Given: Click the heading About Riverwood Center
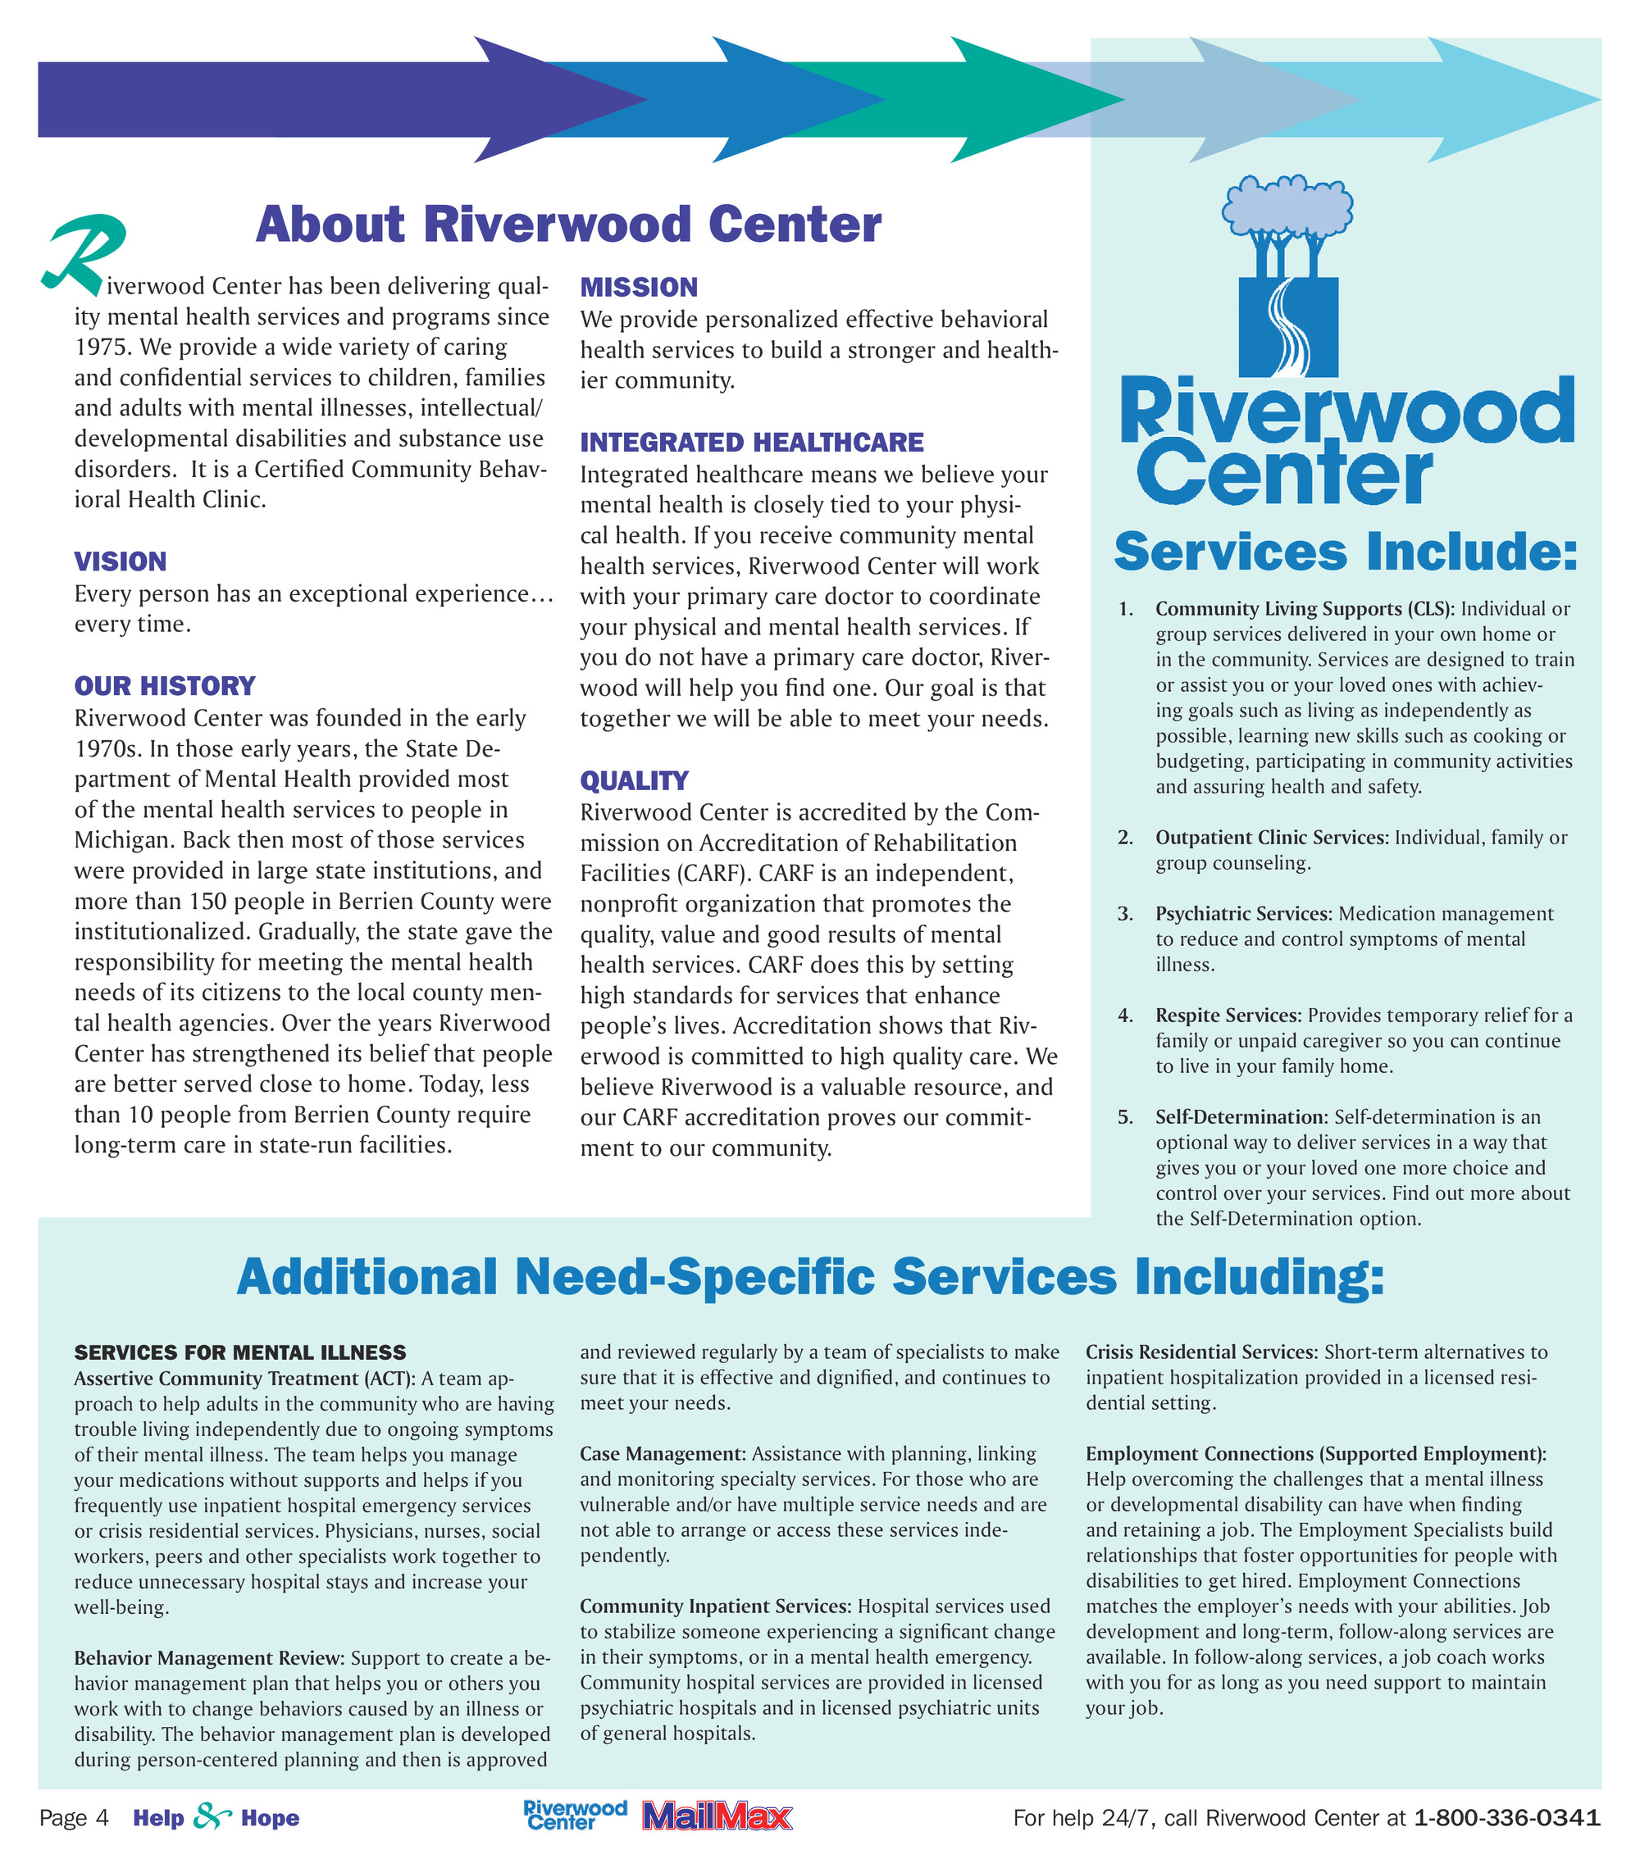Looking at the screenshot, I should (567, 225).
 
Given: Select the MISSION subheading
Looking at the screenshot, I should (638, 288).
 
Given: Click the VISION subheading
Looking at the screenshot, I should (120, 562).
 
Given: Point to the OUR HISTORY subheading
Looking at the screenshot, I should (165, 686).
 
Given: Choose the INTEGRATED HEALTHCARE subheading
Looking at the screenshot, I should (751, 443).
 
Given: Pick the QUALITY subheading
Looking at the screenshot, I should (634, 781).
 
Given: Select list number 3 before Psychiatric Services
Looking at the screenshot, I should (1124, 914).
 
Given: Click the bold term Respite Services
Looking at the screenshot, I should (1227, 1016).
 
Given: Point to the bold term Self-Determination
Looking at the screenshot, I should (1240, 1116).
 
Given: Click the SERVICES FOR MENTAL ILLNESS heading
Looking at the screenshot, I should (239, 1352).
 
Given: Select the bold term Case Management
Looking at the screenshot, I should (662, 1454).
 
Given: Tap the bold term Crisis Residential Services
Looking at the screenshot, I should (1200, 1352).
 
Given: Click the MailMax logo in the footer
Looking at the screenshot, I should (717, 1817).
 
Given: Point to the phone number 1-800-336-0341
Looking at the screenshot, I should (1506, 1818).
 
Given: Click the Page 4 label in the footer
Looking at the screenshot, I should (73, 1818).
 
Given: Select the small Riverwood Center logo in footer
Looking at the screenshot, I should (574, 1815).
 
